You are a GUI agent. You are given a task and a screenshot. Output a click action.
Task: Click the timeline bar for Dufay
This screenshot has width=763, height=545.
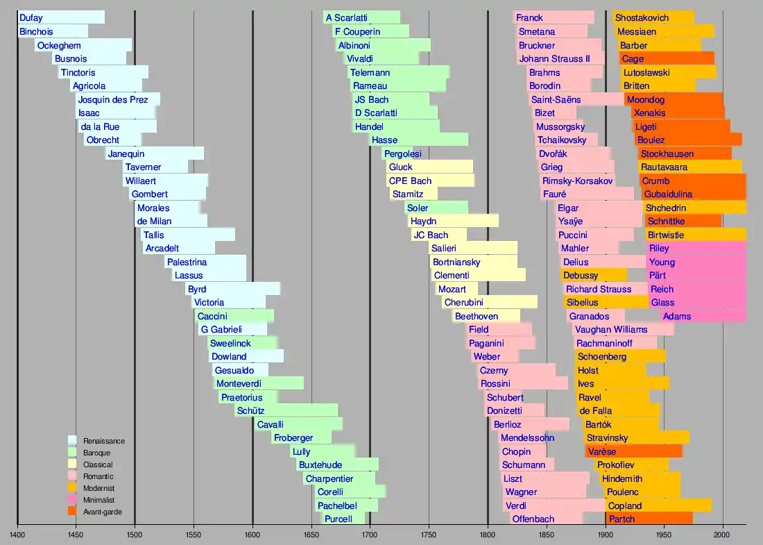tap(61, 17)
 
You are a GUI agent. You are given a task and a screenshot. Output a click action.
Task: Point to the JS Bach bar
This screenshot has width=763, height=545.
tap(390, 99)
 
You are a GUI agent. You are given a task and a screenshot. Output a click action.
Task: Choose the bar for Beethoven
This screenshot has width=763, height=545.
tap(486, 316)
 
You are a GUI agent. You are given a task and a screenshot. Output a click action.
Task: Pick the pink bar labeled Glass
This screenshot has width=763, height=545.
tap(697, 303)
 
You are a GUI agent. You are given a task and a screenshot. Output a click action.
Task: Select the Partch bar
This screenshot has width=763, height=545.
tap(649, 519)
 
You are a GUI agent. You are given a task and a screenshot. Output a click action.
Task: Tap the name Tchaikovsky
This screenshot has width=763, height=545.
tap(561, 140)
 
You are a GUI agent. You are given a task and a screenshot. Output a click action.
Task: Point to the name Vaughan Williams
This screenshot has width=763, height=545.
tap(611, 330)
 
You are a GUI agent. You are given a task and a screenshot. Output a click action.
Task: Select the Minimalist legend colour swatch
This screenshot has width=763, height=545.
tap(72, 500)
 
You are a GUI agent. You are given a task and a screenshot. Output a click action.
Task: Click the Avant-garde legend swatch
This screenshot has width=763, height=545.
tap(72, 512)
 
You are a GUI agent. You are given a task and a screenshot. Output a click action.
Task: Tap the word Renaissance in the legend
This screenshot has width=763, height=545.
tap(104, 441)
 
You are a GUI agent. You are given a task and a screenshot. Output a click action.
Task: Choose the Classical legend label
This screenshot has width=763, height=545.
tap(98, 464)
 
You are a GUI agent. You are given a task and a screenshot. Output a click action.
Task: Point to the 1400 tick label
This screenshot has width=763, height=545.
tap(17, 535)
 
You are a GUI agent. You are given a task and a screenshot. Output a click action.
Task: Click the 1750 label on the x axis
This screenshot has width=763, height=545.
tap(429, 535)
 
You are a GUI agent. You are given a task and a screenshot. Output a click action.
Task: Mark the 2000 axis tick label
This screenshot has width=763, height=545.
tap(723, 535)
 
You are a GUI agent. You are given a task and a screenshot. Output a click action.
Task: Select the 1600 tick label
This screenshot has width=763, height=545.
tap(252, 535)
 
